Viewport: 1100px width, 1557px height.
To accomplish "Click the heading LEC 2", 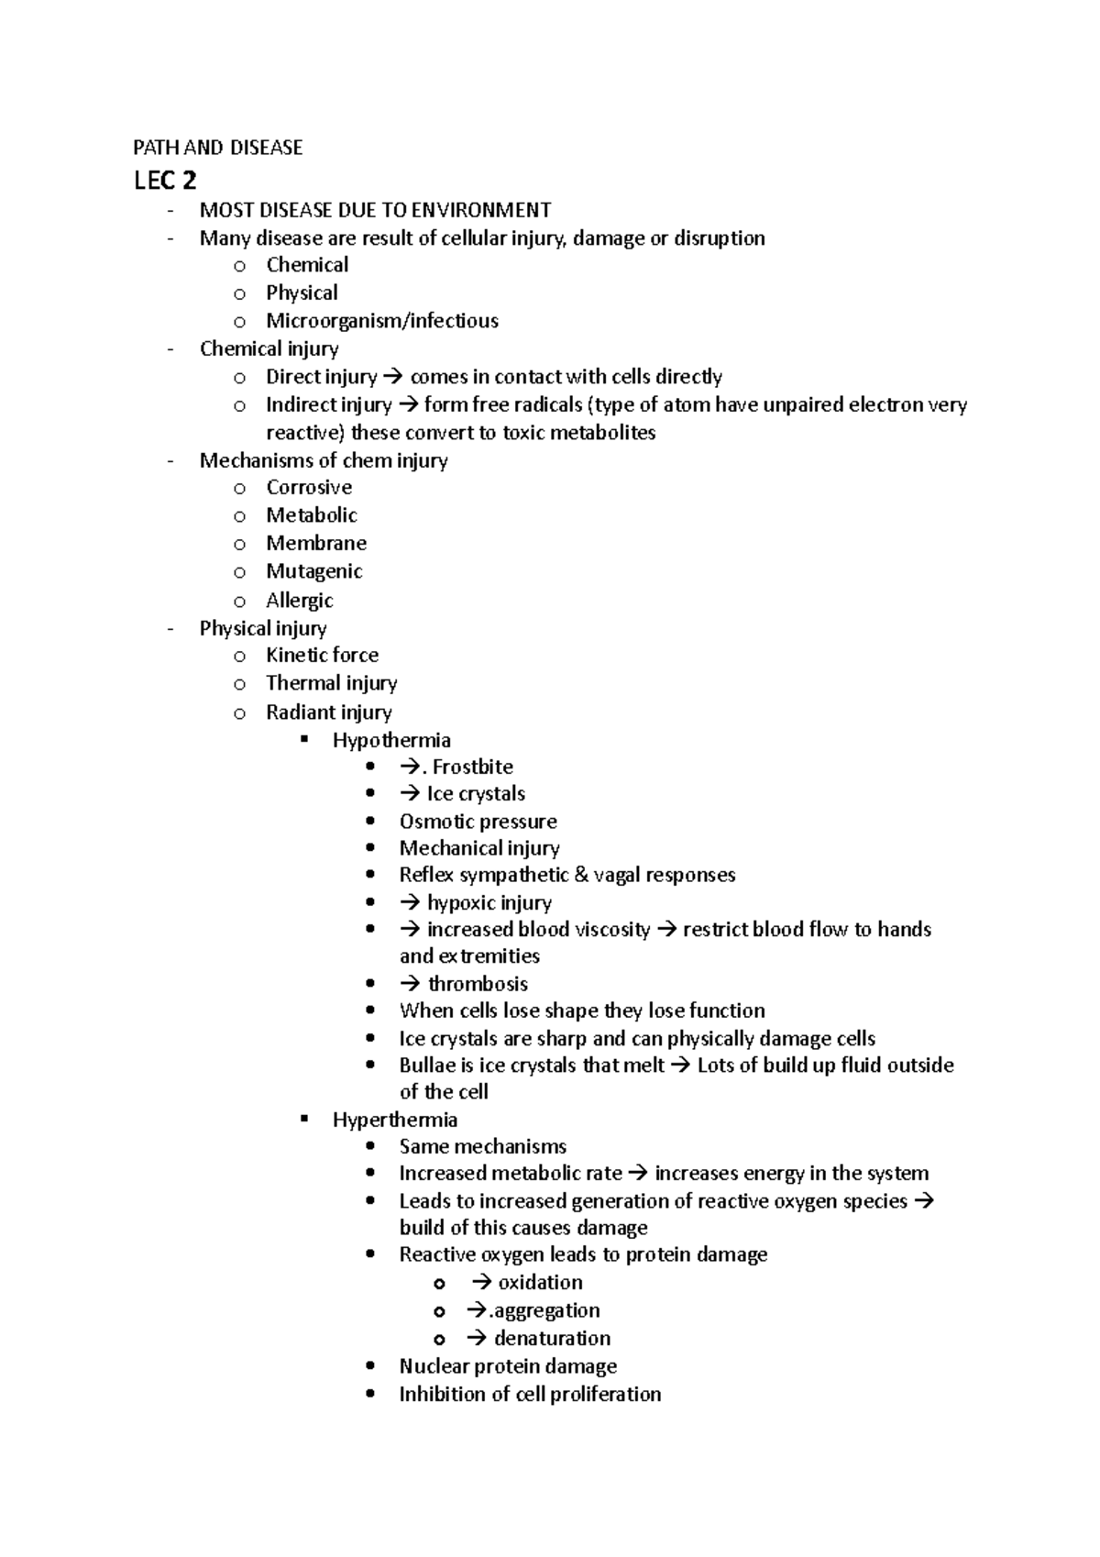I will (x=165, y=181).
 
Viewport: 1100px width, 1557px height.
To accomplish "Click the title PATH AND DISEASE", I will (x=218, y=148).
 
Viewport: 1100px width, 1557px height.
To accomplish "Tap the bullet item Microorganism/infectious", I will (x=382, y=321).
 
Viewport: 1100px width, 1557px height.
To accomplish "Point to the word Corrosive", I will (x=309, y=488).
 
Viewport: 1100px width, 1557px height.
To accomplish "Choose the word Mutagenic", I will (x=314, y=571).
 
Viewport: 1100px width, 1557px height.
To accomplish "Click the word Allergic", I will (x=300, y=601).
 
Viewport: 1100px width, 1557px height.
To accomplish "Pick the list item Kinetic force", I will (x=322, y=656).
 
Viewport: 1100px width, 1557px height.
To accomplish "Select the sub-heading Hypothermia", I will (x=391, y=740).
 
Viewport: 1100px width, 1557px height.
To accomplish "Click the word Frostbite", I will (x=473, y=767).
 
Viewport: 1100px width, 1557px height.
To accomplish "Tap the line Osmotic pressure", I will (x=478, y=822).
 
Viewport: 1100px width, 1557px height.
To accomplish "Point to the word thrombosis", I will (x=478, y=985).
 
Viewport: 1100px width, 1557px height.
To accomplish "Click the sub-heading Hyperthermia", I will (x=395, y=1120).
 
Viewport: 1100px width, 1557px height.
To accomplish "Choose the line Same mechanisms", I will (x=482, y=1147).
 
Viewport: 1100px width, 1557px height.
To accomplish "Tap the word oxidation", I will (x=541, y=1283).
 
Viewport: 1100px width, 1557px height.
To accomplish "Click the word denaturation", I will (x=552, y=1339).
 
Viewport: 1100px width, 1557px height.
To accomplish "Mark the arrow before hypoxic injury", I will (x=410, y=903).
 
